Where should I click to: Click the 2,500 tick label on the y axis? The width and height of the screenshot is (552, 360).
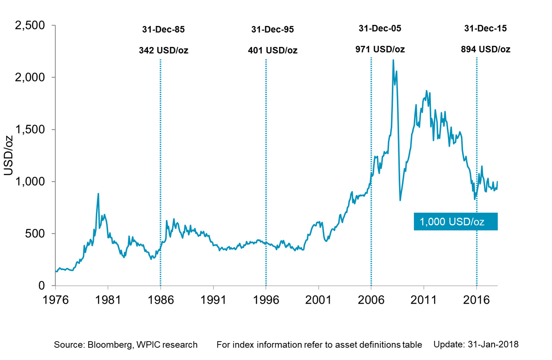click(30, 26)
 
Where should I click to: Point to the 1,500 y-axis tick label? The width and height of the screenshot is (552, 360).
click(30, 130)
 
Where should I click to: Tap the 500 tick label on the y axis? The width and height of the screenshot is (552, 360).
click(35, 234)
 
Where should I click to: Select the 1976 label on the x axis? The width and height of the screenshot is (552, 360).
click(55, 300)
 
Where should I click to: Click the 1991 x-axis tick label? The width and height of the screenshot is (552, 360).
click(213, 300)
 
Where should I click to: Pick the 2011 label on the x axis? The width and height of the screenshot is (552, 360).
click(424, 300)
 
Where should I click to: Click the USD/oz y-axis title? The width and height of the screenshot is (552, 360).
click(8, 155)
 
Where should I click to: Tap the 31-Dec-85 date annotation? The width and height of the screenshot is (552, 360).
click(163, 30)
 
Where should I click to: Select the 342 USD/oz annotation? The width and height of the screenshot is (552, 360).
click(163, 50)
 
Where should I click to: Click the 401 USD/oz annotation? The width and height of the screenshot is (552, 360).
click(272, 50)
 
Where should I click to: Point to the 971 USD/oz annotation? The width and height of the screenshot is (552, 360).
click(380, 49)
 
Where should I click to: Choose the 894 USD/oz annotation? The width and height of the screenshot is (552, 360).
click(485, 49)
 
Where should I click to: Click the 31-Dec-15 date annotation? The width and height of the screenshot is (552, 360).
click(485, 29)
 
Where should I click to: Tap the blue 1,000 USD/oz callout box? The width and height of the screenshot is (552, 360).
click(456, 222)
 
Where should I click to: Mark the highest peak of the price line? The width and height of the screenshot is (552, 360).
click(393, 60)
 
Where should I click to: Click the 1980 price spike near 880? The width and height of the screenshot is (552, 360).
click(98, 194)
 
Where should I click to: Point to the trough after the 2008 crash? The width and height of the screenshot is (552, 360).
click(400, 200)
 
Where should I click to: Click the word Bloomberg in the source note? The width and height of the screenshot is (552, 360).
click(110, 345)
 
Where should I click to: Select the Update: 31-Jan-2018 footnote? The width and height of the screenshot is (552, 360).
click(476, 344)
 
